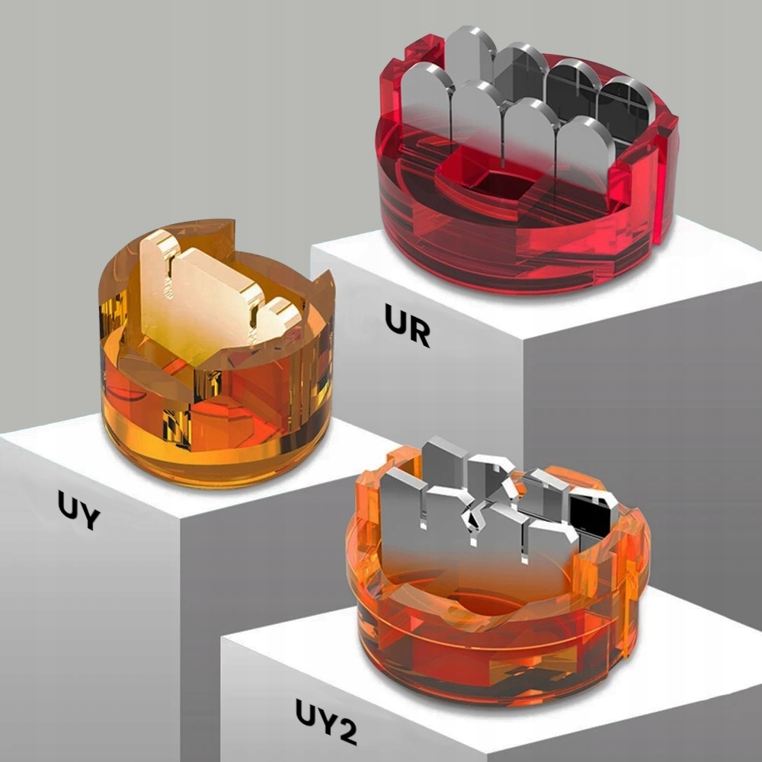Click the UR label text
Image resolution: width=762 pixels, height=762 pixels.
407,325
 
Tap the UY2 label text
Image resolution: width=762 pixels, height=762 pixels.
326,721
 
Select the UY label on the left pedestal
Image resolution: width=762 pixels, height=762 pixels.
78,509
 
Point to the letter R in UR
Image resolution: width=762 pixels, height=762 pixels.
420,331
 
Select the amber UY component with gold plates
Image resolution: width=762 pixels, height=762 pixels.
216,352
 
